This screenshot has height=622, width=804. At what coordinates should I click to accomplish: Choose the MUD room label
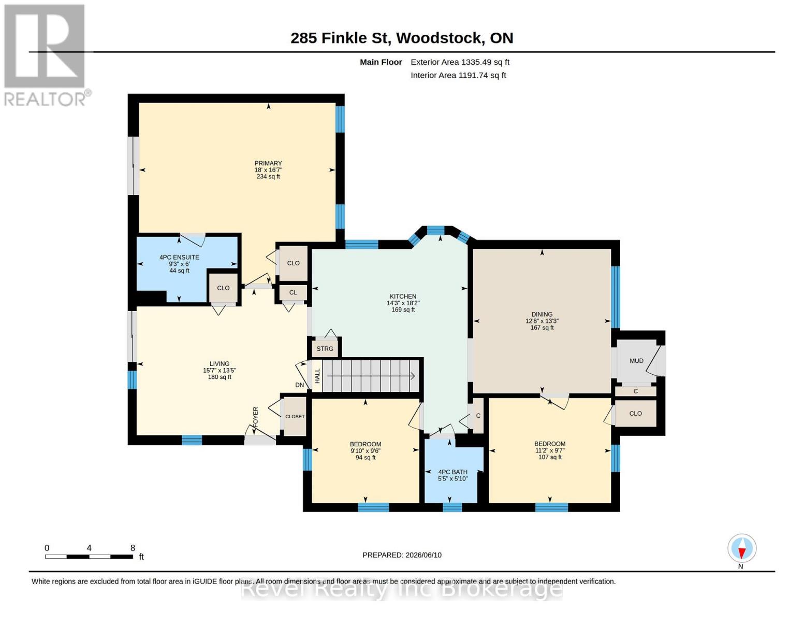(636, 361)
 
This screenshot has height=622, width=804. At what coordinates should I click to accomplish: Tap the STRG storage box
(325, 349)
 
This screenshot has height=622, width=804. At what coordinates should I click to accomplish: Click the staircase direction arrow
(371, 376)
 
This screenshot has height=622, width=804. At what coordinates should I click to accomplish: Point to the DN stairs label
(299, 385)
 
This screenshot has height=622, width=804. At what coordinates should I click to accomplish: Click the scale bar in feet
(89, 556)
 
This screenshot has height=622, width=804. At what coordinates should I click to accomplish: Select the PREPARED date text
(402, 555)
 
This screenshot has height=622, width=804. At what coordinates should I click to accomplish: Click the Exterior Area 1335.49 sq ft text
(460, 62)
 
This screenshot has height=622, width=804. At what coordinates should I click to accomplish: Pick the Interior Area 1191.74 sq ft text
(458, 75)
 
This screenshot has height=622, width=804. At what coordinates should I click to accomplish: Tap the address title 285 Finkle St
(341, 38)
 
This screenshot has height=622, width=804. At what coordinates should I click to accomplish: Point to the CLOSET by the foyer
(295, 416)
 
